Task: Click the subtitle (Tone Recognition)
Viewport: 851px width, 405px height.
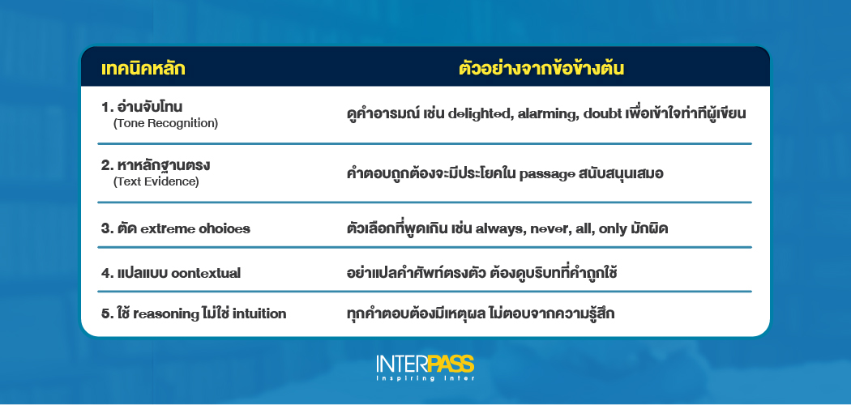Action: point(166,123)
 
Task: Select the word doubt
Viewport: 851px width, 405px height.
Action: point(605,114)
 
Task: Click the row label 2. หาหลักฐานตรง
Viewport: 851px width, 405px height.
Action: point(156,165)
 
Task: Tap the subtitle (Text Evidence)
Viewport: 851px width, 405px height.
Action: point(156,181)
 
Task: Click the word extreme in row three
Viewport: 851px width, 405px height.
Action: point(169,228)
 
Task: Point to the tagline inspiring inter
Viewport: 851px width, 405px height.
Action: point(425,379)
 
